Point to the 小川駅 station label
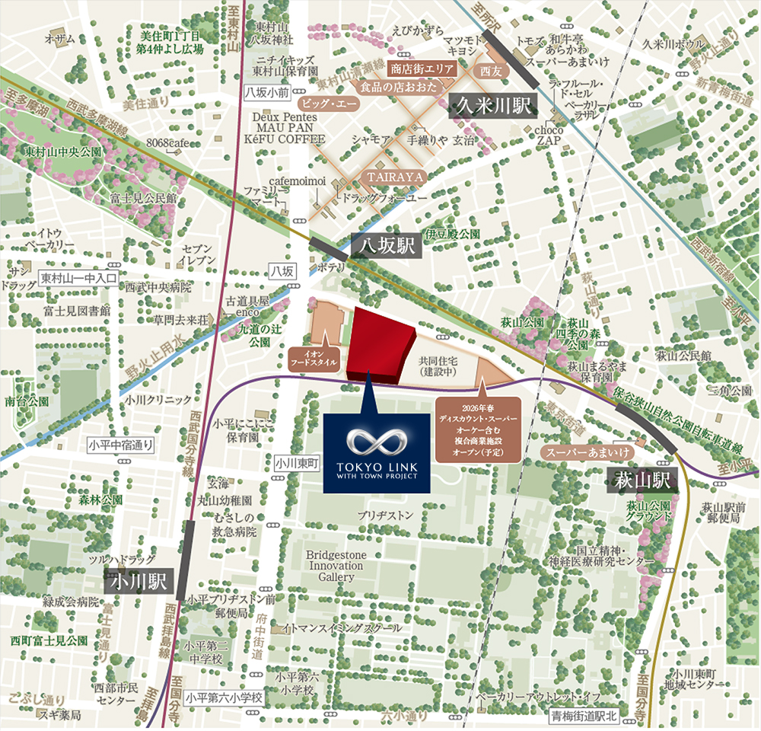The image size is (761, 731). click(138, 581)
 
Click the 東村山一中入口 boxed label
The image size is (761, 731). click(79, 278)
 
